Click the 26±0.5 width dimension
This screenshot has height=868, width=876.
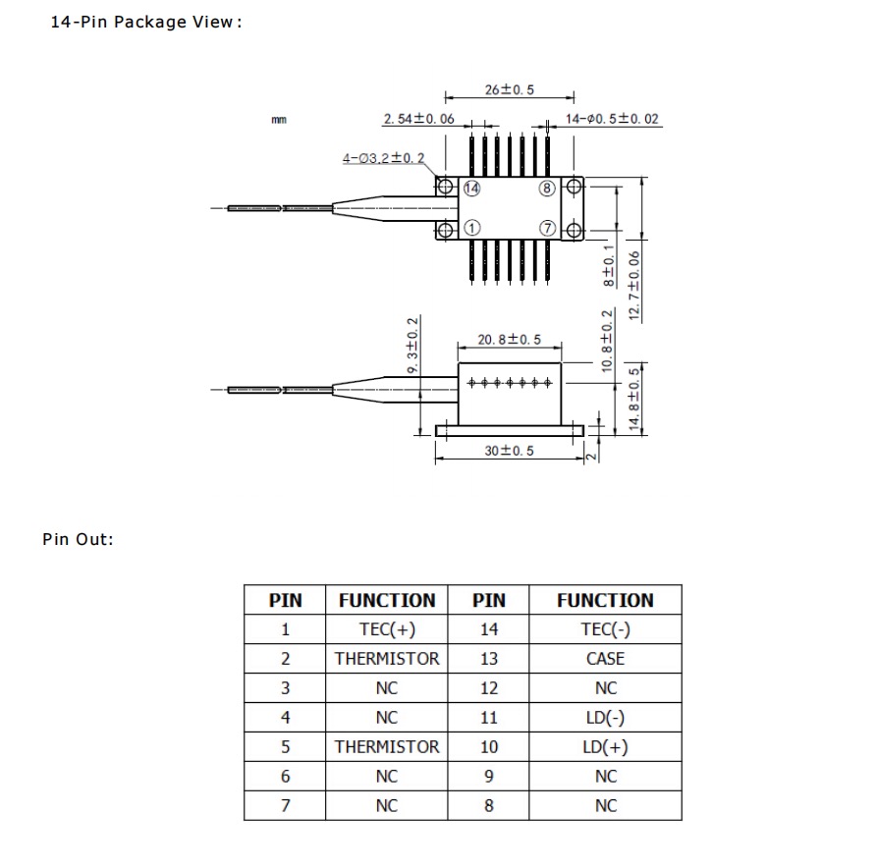(x=509, y=89)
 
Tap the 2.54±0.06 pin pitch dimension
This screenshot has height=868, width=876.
(x=418, y=120)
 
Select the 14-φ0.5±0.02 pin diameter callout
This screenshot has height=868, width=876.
(x=611, y=120)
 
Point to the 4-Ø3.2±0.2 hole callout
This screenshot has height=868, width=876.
(x=383, y=158)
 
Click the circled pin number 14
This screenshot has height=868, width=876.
(x=471, y=188)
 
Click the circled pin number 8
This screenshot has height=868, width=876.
(x=547, y=188)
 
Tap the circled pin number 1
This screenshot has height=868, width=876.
(x=471, y=228)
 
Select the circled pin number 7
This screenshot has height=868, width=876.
(x=547, y=228)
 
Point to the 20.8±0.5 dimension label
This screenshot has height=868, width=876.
(x=509, y=340)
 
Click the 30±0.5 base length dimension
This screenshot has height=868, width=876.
(x=509, y=450)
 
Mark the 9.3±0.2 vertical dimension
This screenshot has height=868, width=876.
(x=412, y=344)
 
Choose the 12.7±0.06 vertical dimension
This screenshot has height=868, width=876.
(x=634, y=285)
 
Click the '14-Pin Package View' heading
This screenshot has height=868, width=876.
(x=145, y=22)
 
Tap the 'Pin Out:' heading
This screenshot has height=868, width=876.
(x=79, y=539)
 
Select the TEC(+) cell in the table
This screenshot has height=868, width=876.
(x=387, y=629)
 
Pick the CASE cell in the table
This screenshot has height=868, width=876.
(x=605, y=659)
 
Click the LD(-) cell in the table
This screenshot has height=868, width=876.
(x=605, y=718)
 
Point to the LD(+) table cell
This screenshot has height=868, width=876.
(x=605, y=747)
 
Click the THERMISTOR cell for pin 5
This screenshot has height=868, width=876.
(x=387, y=747)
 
